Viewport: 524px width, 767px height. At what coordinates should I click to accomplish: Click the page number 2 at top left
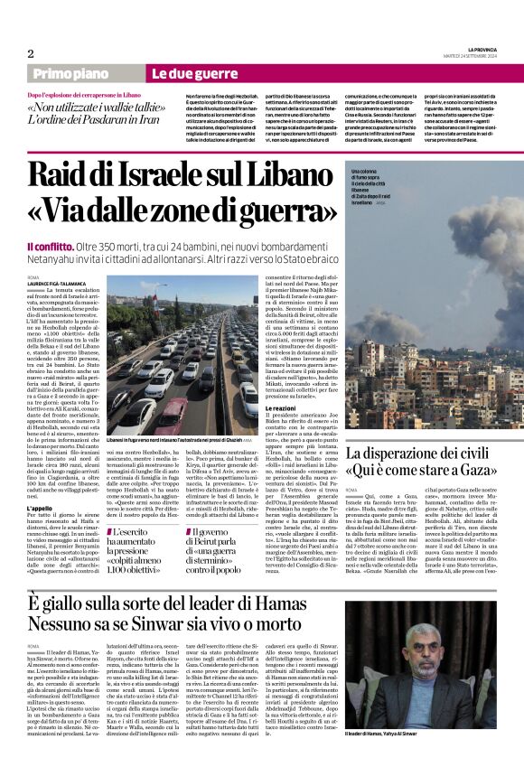31,52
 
